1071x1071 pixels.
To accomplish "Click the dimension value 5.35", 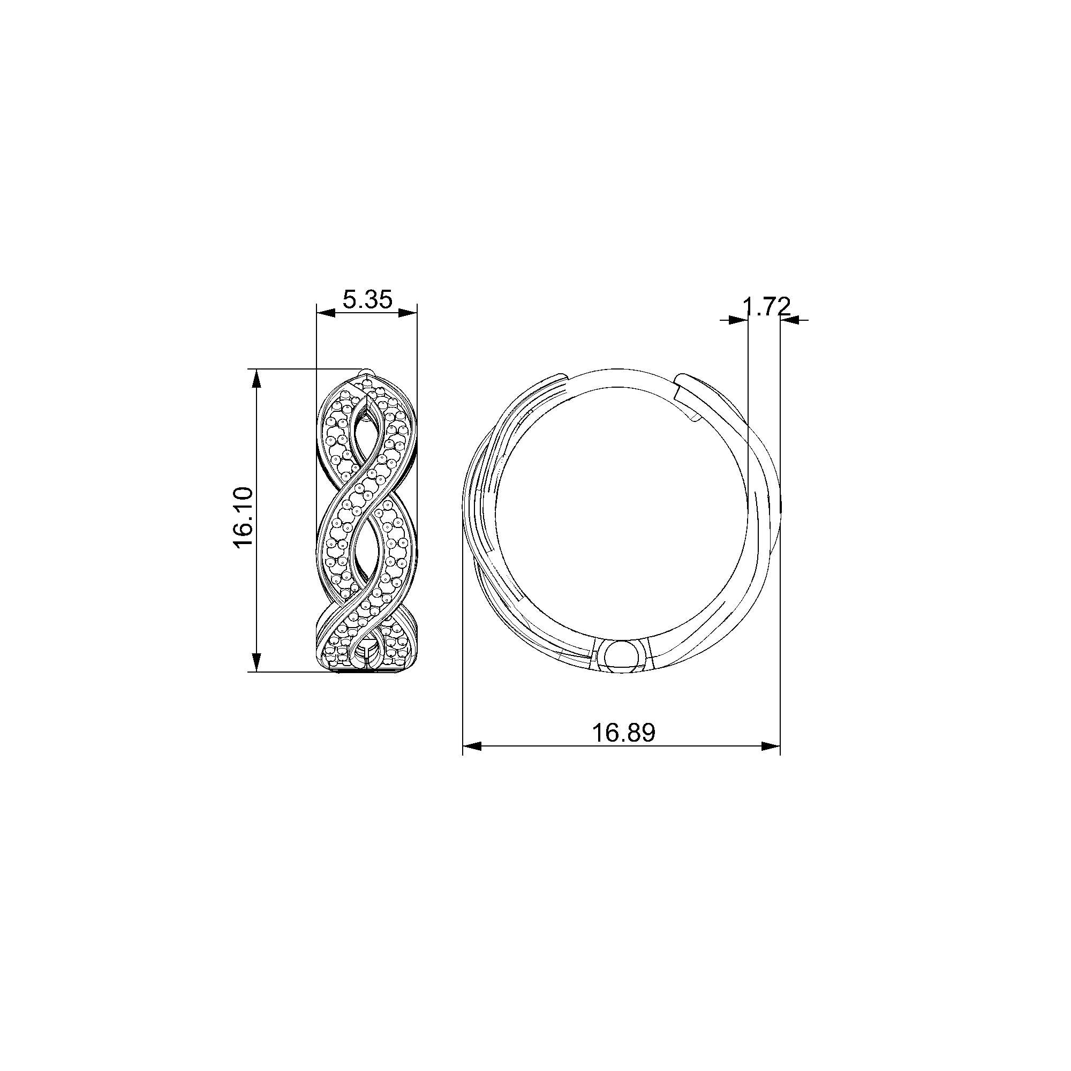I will point(367,300).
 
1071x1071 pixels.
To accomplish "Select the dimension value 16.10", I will point(244,517).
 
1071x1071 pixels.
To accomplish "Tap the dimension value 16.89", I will point(624,733).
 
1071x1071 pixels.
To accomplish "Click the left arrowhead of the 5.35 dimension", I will point(326,313).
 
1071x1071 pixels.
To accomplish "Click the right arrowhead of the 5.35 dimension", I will point(408,313).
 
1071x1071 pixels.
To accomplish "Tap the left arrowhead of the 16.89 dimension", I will point(472,746).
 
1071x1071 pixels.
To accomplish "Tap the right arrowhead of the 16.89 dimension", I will point(771,746).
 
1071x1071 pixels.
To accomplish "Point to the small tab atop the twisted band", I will point(364,372).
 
